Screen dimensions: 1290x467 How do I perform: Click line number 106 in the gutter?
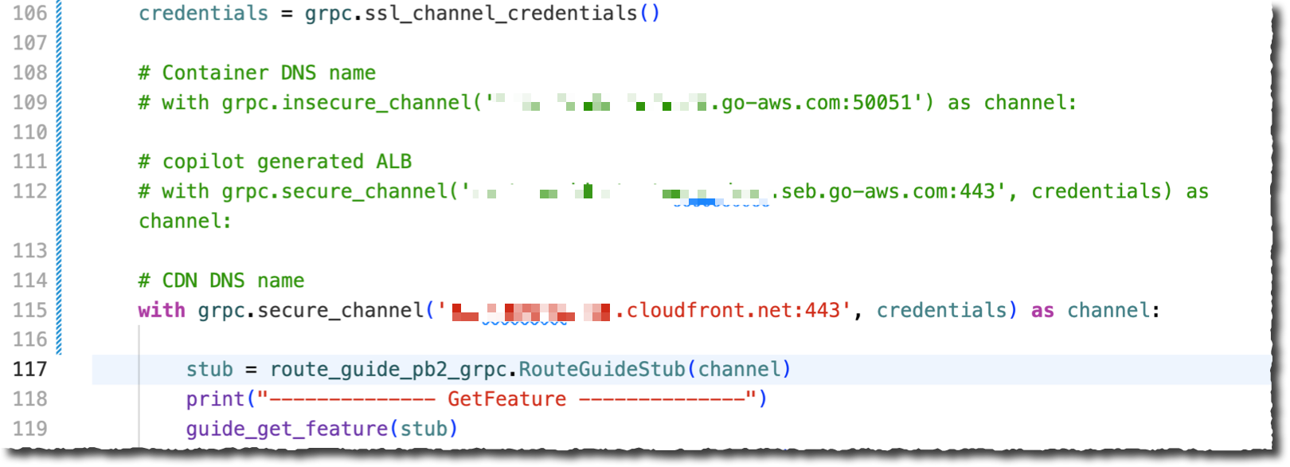(29, 14)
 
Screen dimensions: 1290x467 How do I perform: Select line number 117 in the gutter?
(29, 370)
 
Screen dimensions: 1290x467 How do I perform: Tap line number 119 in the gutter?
(29, 429)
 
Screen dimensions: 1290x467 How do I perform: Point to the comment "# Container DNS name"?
(256, 73)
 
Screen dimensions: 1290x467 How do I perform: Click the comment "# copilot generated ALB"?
(275, 162)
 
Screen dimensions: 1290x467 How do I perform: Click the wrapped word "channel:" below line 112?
(185, 222)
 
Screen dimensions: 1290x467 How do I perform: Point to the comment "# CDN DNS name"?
(221, 281)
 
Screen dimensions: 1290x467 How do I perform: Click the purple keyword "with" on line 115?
(162, 311)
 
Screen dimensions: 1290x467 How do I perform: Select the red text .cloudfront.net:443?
(733, 311)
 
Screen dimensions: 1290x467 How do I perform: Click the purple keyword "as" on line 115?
(1042, 311)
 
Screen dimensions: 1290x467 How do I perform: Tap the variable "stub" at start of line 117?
(209, 370)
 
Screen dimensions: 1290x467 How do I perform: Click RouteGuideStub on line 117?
(602, 370)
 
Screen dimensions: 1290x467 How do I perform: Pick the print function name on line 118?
(215, 399)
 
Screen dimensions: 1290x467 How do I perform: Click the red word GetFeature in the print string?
(506, 399)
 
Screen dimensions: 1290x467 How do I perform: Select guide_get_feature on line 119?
(287, 429)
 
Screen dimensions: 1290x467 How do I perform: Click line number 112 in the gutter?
(29, 192)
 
